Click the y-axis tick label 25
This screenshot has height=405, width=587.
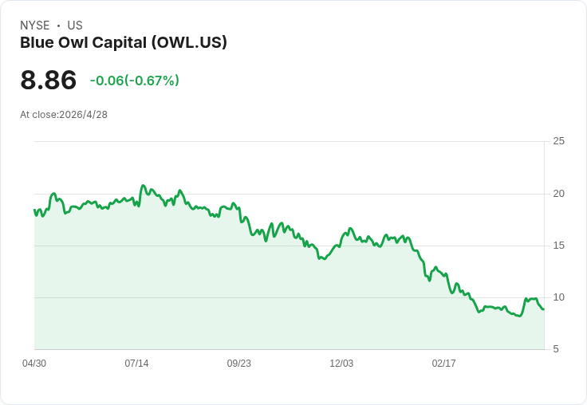click(558, 141)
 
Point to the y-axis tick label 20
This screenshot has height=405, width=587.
click(558, 194)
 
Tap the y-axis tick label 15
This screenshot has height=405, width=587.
click(558, 246)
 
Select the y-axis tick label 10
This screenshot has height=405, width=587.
click(558, 297)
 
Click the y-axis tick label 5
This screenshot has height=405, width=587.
click(556, 349)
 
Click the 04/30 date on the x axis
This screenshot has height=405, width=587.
click(34, 363)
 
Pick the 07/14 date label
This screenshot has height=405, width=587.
click(136, 363)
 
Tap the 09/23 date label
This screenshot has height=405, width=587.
click(238, 363)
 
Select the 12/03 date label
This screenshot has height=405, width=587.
click(341, 363)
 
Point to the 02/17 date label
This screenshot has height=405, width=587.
click(443, 363)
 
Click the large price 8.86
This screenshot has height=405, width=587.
click(49, 80)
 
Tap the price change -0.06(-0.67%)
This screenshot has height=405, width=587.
click(135, 81)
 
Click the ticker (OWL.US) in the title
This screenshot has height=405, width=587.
click(189, 42)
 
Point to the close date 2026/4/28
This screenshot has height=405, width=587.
click(83, 115)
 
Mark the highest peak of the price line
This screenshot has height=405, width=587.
click(143, 185)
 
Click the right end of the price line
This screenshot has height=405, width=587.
click(544, 309)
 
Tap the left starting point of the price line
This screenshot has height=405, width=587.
click(34, 210)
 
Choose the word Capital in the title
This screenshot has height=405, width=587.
click(120, 43)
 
